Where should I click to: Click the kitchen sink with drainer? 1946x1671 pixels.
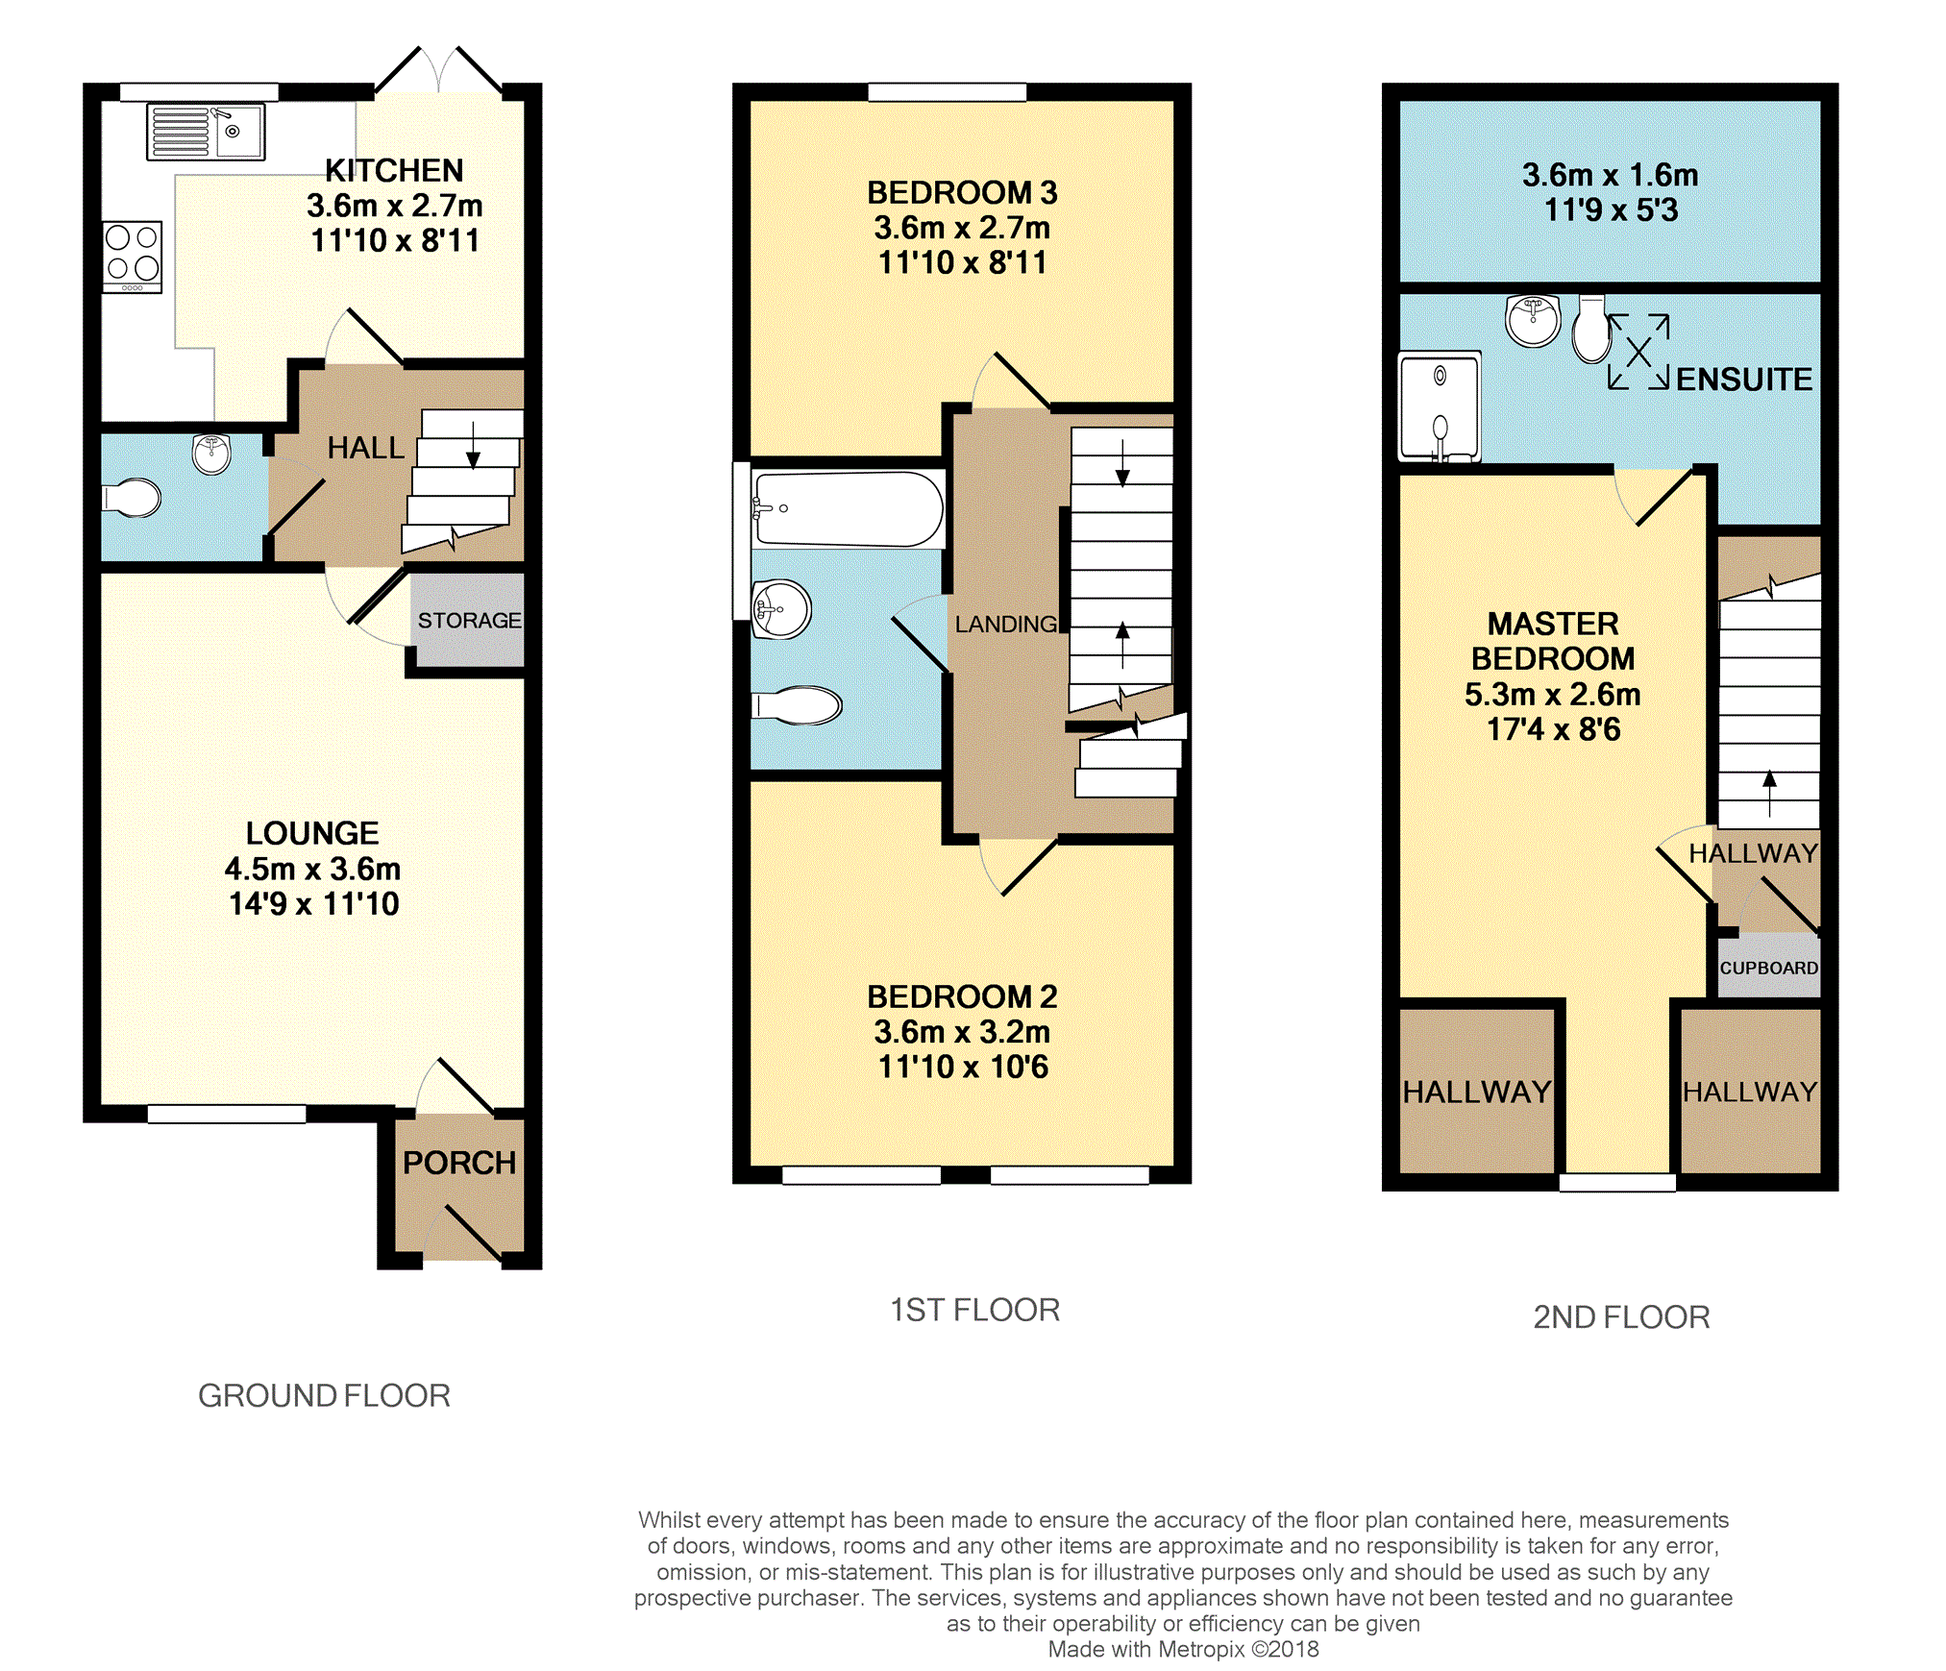point(206,132)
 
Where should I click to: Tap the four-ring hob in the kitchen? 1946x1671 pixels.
point(133,257)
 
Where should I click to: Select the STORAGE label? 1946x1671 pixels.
point(469,621)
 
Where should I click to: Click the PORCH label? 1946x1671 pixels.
point(459,1163)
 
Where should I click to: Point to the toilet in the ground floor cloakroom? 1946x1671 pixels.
point(132,497)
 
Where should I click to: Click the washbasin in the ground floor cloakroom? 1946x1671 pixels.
point(211,454)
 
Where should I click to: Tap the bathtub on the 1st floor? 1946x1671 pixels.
point(848,509)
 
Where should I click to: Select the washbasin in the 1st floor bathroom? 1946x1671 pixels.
point(781,609)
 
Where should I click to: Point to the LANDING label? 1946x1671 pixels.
point(1006,625)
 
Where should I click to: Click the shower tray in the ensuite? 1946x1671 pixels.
point(1440,406)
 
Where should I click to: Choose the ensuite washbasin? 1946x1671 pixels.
point(1534,320)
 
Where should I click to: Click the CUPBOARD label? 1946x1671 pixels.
point(1769,968)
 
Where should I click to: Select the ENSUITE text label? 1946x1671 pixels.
point(1744,380)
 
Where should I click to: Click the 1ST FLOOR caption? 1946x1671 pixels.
point(974,1310)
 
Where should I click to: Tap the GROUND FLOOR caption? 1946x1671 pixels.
point(324,1395)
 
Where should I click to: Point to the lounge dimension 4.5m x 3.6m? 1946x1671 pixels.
point(312,869)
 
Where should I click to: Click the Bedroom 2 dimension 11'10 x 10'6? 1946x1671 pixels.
point(963,1067)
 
